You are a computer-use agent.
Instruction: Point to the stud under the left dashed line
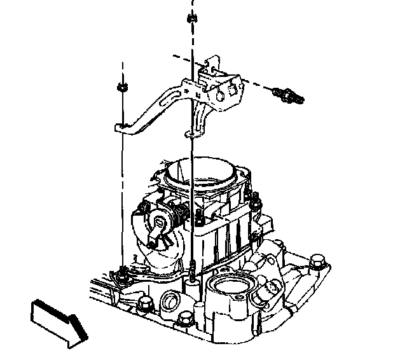coord(121,274)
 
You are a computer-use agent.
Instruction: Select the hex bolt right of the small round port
coord(186,317)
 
